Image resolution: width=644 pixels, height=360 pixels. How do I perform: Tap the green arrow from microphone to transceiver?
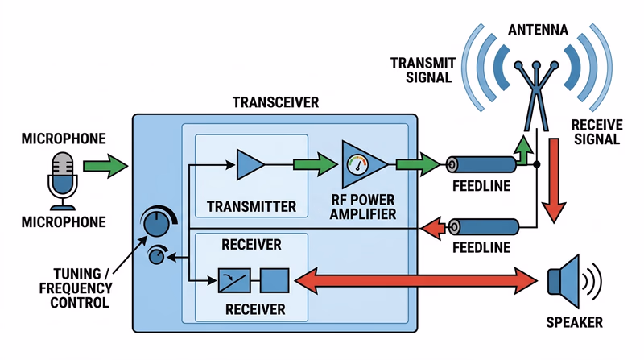(x=105, y=167)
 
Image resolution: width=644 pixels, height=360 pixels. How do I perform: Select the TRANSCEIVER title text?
(x=275, y=102)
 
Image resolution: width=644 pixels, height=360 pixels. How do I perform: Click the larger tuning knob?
(x=159, y=221)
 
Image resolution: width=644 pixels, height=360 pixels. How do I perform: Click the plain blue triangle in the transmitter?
(x=250, y=164)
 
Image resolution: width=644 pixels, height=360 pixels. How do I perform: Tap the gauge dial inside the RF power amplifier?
(x=356, y=164)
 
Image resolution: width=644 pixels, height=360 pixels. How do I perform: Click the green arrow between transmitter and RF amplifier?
(x=314, y=164)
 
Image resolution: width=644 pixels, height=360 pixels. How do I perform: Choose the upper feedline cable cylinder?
(x=481, y=165)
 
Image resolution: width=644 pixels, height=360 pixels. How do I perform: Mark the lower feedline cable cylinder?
(x=481, y=227)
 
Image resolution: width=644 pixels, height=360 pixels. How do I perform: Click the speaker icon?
(x=568, y=282)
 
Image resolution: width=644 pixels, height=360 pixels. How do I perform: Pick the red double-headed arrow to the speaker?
(x=415, y=281)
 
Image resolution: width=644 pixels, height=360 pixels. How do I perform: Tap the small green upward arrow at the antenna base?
(x=523, y=153)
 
